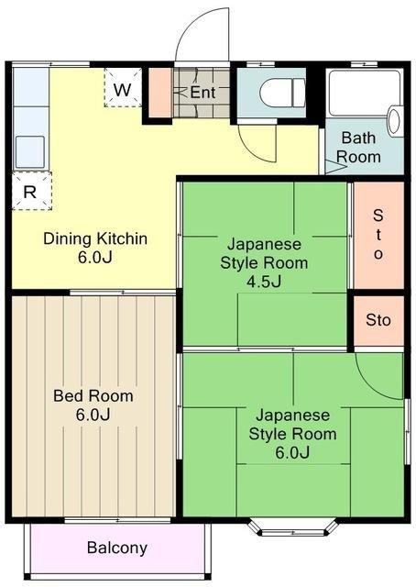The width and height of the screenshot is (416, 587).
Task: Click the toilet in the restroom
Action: [x=281, y=93]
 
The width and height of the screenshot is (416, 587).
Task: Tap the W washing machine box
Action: [x=123, y=88]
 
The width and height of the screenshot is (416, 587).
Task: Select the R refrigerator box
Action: [x=31, y=191]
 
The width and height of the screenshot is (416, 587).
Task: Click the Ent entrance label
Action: [x=203, y=92]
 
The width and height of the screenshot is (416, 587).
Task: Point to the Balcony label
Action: [x=117, y=548]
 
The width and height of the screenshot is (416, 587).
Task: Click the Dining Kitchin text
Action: [x=95, y=238]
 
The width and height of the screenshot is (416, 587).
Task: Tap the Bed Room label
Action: [x=93, y=395]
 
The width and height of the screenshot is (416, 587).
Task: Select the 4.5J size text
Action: [x=264, y=282]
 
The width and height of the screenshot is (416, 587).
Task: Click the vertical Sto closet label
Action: [x=378, y=235]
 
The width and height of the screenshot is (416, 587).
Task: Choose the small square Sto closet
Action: [x=378, y=320]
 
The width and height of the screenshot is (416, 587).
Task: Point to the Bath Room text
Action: [x=358, y=147]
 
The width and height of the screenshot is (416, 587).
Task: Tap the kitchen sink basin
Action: [x=30, y=151]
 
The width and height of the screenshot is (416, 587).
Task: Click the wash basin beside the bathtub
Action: [x=395, y=120]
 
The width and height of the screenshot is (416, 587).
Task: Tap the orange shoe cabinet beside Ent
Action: [x=161, y=93]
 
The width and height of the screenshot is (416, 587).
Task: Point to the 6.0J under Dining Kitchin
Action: [x=94, y=257]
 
